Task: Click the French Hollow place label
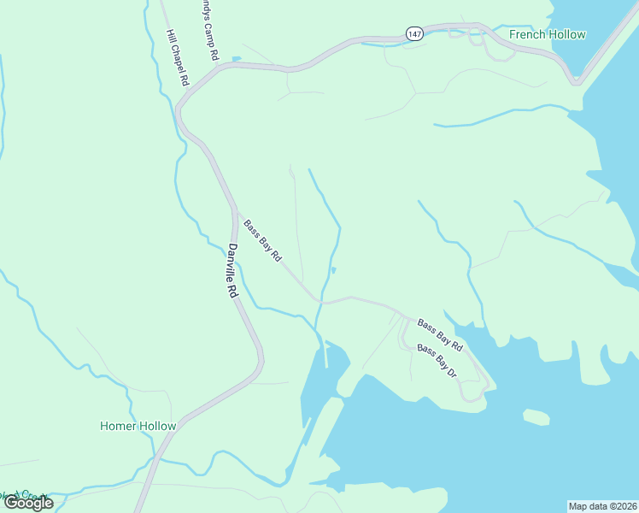tap(547, 34)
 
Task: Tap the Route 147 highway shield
tap(414, 33)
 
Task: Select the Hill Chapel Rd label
tap(177, 59)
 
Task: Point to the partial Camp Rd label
tap(209, 29)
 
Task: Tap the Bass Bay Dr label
tap(437, 362)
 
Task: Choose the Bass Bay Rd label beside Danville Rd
tap(262, 241)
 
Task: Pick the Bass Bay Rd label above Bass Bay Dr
tap(439, 335)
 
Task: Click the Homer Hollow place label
tap(138, 426)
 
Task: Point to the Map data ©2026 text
tap(602, 505)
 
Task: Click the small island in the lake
tap(536, 417)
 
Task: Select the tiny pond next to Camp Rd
tap(236, 59)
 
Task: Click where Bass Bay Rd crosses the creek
tap(321, 301)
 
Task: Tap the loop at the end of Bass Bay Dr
tap(472, 392)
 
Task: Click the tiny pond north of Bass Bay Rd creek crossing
tap(333, 271)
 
